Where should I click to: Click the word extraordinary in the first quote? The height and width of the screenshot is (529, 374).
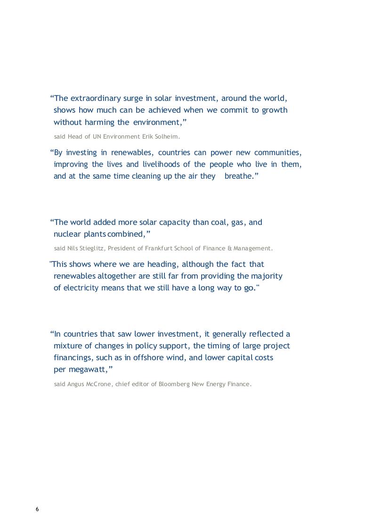(x=96, y=99)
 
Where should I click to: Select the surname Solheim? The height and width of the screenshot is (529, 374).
(x=167, y=137)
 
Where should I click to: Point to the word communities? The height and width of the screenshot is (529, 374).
(x=277, y=153)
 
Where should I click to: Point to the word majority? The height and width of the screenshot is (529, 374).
(x=267, y=276)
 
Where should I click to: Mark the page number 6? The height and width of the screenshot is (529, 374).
(x=37, y=510)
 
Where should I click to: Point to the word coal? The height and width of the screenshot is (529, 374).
(x=218, y=223)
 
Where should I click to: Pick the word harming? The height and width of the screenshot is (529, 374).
(x=100, y=122)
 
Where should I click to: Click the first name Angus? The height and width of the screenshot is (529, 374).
(x=75, y=384)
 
